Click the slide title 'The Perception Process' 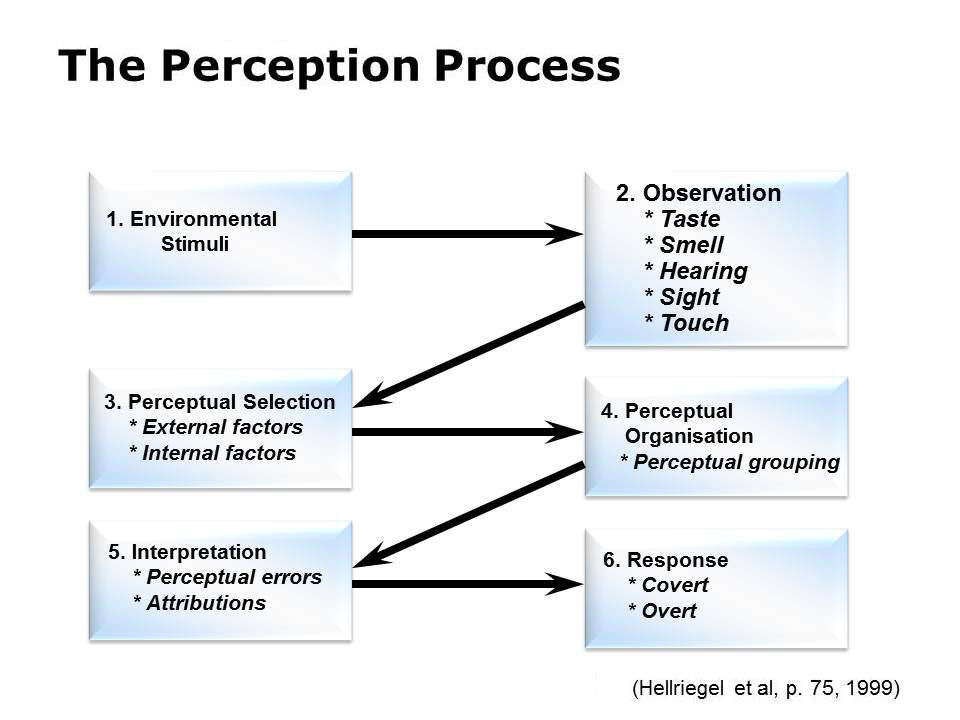[340, 67]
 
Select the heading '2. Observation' [698, 193]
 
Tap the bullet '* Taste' [682, 219]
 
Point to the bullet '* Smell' [684, 245]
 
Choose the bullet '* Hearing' [696, 271]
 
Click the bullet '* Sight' [682, 297]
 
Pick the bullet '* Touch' [687, 323]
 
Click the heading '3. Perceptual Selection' [220, 402]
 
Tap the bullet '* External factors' [216, 428]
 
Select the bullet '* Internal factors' [213, 453]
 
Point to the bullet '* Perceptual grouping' [730, 462]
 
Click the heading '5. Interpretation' [187, 552]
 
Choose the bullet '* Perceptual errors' [228, 577]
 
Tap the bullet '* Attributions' [200, 603]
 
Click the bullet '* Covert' [668, 585]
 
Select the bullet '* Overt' [662, 611]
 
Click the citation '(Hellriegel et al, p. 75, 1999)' [766, 688]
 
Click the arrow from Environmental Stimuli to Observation [465, 234]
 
